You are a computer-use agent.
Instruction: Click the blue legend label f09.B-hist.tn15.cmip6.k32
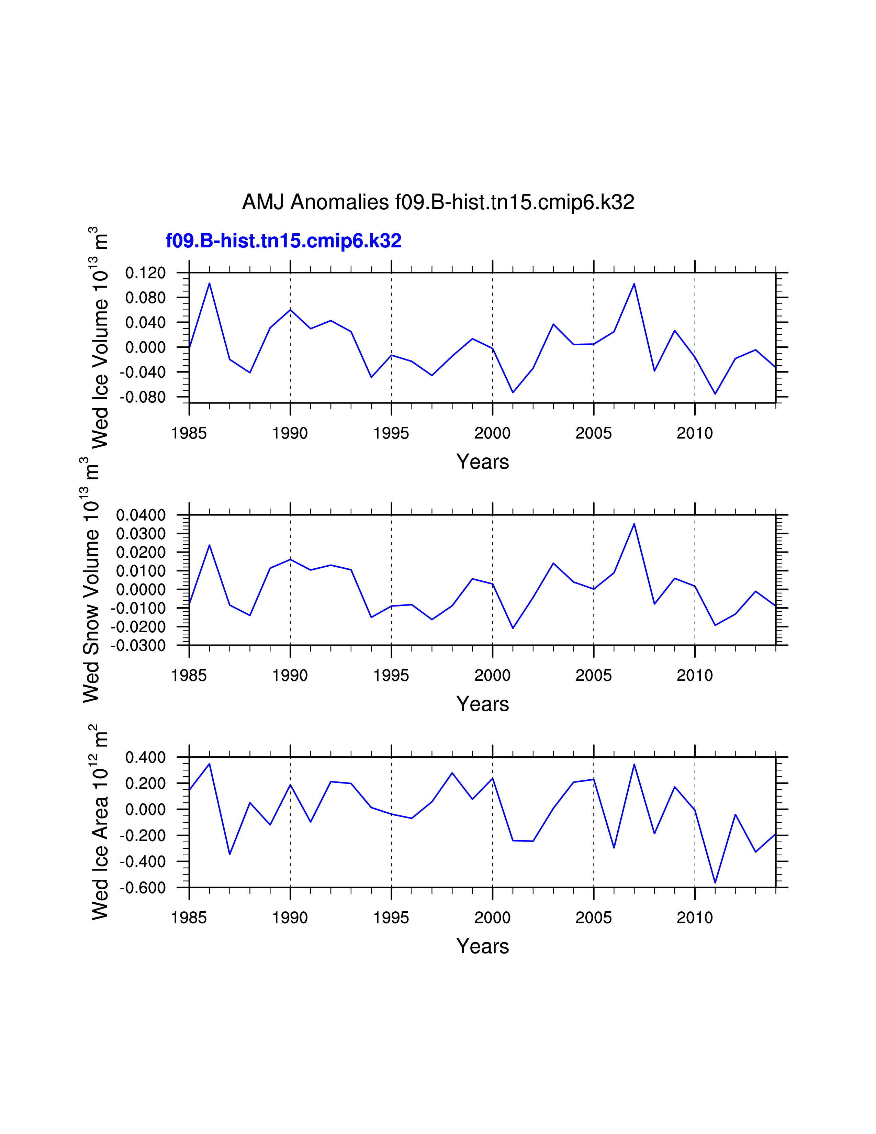tap(283, 241)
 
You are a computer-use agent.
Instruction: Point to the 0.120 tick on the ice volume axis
tap(145, 273)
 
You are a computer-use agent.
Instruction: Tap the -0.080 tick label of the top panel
tap(143, 397)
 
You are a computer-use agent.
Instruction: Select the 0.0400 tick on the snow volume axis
tap(141, 515)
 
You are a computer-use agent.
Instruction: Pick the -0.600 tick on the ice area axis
tap(143, 887)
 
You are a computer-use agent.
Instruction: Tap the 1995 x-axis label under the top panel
tap(391, 433)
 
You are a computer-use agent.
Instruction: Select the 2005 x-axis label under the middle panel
tap(593, 676)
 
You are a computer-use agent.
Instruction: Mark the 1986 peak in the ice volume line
tap(209, 283)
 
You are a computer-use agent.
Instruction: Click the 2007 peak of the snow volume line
tap(634, 523)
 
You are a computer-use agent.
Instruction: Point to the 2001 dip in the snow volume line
tap(513, 628)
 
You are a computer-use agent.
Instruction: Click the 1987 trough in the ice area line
tap(229, 854)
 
